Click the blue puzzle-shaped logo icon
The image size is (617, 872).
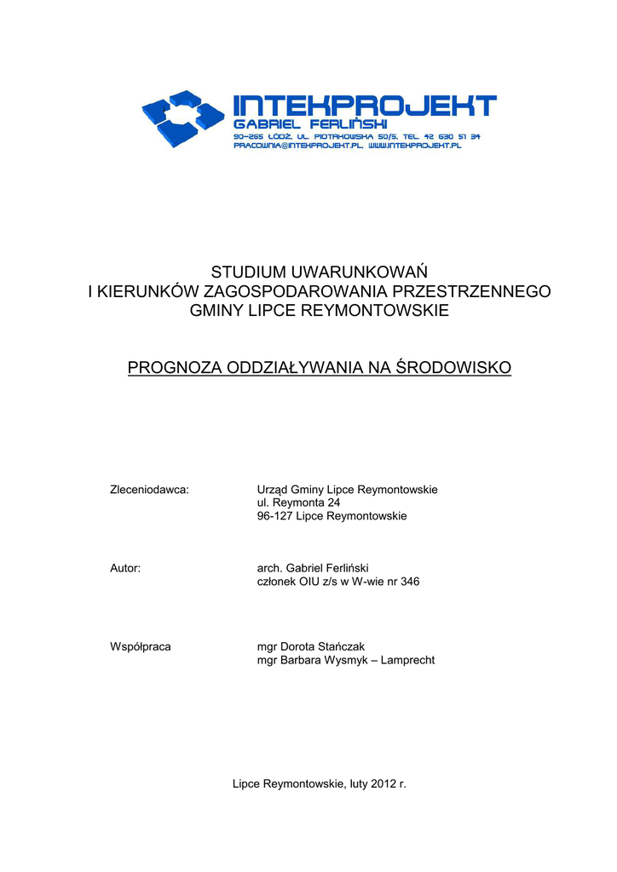182,117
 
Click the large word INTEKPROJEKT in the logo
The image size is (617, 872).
365,106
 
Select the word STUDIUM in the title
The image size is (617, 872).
250,272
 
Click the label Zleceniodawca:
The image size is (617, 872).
149,490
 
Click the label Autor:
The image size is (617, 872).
125,568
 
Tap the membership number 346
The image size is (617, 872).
410,582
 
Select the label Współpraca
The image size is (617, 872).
141,646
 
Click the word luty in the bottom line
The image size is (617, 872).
356,783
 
